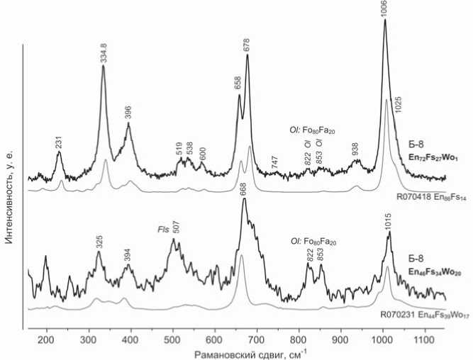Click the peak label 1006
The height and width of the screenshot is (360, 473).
point(384,9)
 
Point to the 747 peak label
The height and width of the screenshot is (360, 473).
point(275,161)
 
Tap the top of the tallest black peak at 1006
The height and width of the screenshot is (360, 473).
point(384,20)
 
